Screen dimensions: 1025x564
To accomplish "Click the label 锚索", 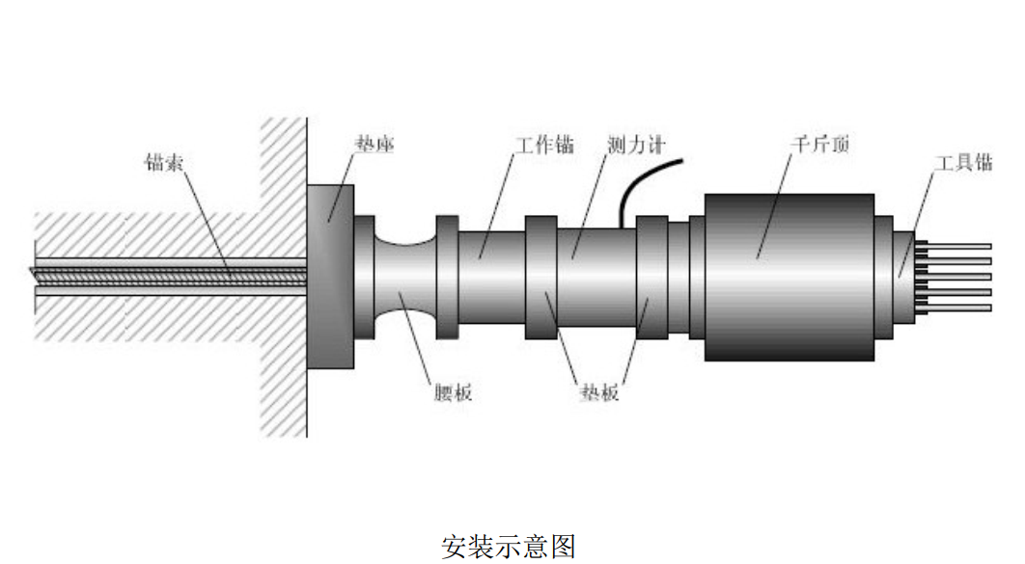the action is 163,162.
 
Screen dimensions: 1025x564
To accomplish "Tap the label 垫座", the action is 374,144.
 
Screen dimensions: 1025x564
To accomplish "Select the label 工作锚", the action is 544,145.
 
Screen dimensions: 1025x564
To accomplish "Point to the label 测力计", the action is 635,145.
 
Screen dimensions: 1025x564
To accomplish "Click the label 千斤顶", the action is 820,144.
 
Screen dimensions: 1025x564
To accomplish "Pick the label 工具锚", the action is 963,162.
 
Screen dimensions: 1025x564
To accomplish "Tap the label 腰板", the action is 453,392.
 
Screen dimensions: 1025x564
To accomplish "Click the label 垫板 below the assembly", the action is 598,392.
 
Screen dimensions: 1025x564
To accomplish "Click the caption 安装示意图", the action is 509,547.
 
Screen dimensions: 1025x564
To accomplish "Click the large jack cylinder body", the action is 789,277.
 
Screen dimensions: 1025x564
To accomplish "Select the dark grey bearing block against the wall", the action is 330,276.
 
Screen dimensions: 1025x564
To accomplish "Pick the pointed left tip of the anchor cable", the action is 30,269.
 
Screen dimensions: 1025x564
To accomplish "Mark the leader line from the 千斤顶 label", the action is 775,205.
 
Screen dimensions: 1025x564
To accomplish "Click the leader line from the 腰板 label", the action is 415,337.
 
